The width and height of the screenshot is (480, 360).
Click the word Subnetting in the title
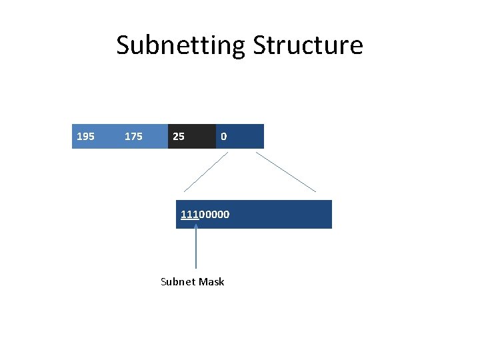[181, 46]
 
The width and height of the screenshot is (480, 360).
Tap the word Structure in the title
[308, 46]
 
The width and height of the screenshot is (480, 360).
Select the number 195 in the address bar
[85, 137]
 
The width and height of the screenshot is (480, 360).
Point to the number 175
[133, 137]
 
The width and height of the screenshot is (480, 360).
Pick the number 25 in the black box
[179, 137]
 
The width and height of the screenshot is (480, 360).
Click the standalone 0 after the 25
[224, 137]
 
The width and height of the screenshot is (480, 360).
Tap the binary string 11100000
[205, 215]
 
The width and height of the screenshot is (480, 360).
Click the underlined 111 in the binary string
[189, 215]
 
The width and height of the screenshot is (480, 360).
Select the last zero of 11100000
[227, 215]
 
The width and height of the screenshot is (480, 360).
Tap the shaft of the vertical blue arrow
[196, 253]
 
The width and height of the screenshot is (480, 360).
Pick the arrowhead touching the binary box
[196, 228]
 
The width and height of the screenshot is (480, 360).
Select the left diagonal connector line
[206, 172]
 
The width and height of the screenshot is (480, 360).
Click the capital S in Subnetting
[124, 46]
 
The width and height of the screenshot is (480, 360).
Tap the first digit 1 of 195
[79, 137]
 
